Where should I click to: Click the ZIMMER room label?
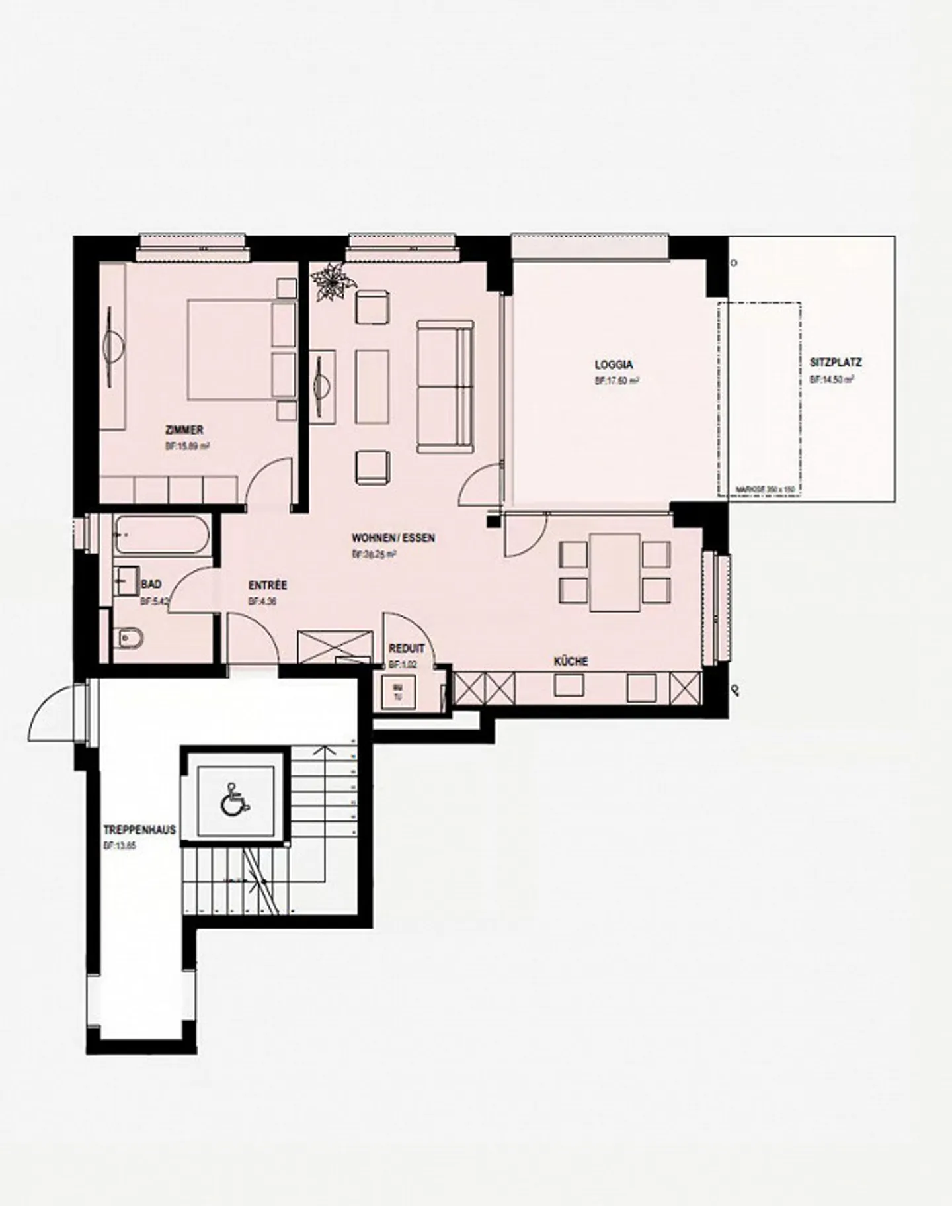tap(184, 430)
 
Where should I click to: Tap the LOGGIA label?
tap(614, 365)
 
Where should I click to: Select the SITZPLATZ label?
tap(835, 363)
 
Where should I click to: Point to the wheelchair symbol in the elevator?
tap(235, 798)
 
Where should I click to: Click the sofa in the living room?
tap(445, 386)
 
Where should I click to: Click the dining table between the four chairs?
tap(615, 572)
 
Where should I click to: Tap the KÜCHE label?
tap(571, 661)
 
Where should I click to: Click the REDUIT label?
tap(406, 649)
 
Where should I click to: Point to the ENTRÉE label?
tap(268, 585)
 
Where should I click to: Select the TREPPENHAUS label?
tap(139, 830)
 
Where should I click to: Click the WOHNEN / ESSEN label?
tap(393, 538)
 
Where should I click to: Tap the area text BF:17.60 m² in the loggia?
tap(616, 381)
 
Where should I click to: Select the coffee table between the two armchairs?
tap(372, 386)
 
